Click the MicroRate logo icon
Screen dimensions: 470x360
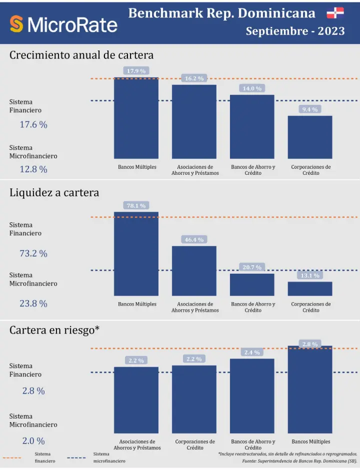point(17,23)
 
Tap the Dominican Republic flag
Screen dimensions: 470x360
point(335,13)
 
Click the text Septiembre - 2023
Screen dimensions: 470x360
point(295,31)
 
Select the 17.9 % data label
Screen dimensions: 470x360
point(136,71)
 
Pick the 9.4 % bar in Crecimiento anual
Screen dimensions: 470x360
point(310,137)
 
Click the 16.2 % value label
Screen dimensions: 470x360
point(194,78)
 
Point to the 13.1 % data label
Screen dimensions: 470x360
point(310,275)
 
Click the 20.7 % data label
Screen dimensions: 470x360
point(252,267)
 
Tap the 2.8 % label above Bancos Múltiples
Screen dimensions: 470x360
point(310,344)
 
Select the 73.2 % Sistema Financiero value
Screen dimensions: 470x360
point(33,254)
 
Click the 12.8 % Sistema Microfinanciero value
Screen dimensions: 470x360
point(33,169)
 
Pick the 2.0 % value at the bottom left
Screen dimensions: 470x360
point(33,441)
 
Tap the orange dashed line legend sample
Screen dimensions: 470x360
point(12,458)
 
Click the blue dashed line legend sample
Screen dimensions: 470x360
point(76,458)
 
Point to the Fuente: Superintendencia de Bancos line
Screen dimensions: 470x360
point(299,461)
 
